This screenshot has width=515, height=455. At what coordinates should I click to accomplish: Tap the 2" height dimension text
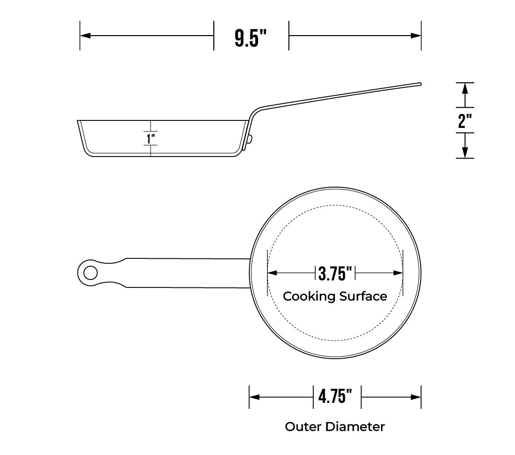[465, 121]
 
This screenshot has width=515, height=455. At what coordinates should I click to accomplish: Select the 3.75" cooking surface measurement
[335, 273]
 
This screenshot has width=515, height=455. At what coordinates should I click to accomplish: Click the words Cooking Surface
[335, 296]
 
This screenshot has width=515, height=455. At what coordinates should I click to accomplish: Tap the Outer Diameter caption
[335, 427]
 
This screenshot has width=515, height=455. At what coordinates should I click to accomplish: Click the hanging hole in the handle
[90, 273]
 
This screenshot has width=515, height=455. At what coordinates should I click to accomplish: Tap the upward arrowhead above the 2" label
[465, 88]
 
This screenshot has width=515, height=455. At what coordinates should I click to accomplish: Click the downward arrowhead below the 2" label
[465, 153]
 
